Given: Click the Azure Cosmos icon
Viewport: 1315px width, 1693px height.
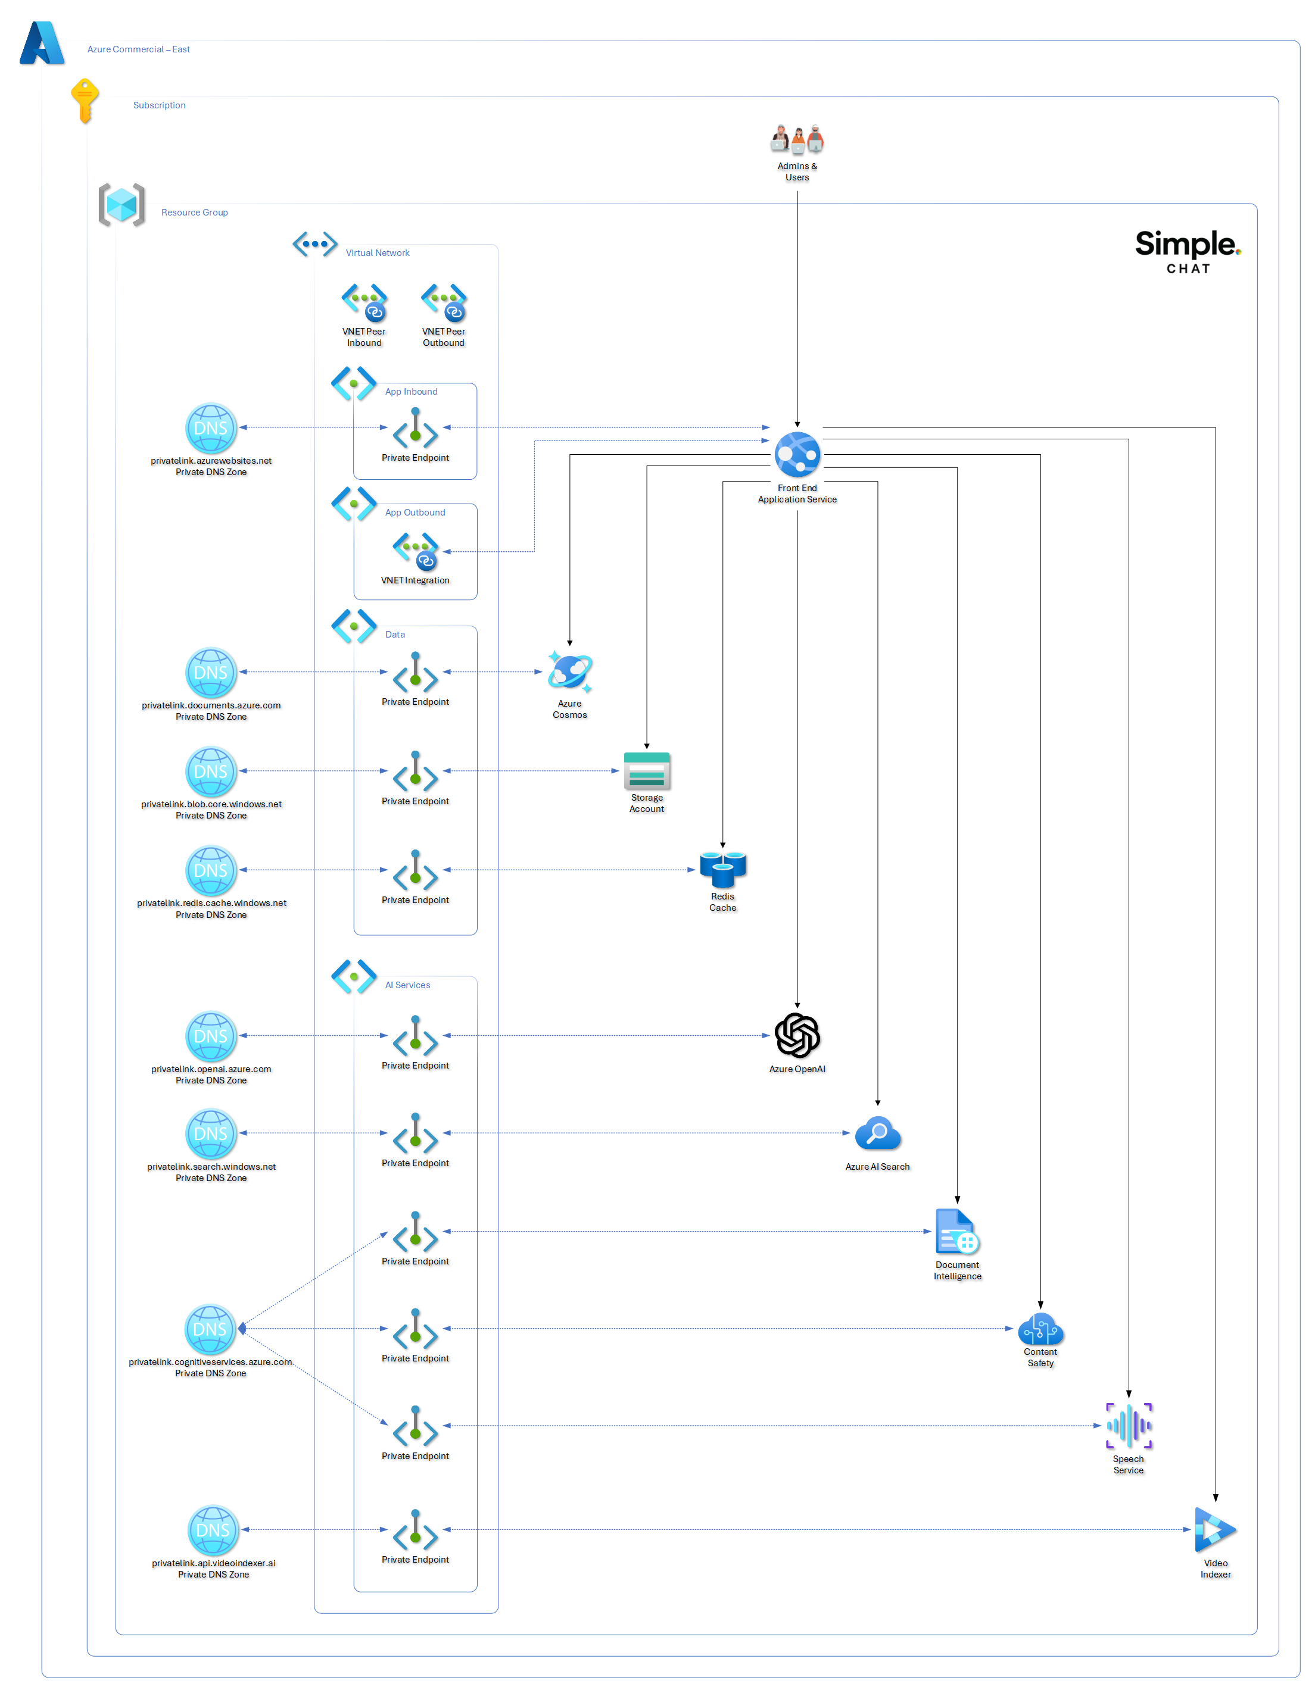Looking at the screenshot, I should click(x=569, y=671).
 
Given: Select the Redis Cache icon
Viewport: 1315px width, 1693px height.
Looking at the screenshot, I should click(x=722, y=869).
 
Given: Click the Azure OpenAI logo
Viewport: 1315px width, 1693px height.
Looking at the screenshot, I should click(x=796, y=1035).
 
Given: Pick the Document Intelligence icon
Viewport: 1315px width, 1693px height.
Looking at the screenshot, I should click(x=957, y=1231).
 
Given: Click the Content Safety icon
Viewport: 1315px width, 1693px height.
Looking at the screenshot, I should click(x=1040, y=1329).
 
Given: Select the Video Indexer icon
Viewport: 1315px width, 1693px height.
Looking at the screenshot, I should click(x=1214, y=1529).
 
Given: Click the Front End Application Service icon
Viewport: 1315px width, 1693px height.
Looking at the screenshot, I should click(x=796, y=454).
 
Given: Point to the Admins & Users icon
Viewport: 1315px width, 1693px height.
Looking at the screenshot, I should click(x=796, y=139).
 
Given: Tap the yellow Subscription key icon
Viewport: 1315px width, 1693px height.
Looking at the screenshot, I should click(x=84, y=100).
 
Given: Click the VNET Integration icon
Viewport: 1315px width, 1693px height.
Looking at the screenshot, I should click(x=415, y=551).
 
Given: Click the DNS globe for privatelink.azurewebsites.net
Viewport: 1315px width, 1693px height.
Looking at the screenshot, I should click(x=210, y=428).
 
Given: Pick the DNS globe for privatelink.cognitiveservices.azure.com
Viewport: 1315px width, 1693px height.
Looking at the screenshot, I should click(x=210, y=1329).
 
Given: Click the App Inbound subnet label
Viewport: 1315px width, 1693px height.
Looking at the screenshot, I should click(x=411, y=392).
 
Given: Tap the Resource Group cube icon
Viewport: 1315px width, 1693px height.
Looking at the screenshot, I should click(x=121, y=205).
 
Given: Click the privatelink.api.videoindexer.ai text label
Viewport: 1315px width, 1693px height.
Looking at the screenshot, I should click(x=213, y=1563).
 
